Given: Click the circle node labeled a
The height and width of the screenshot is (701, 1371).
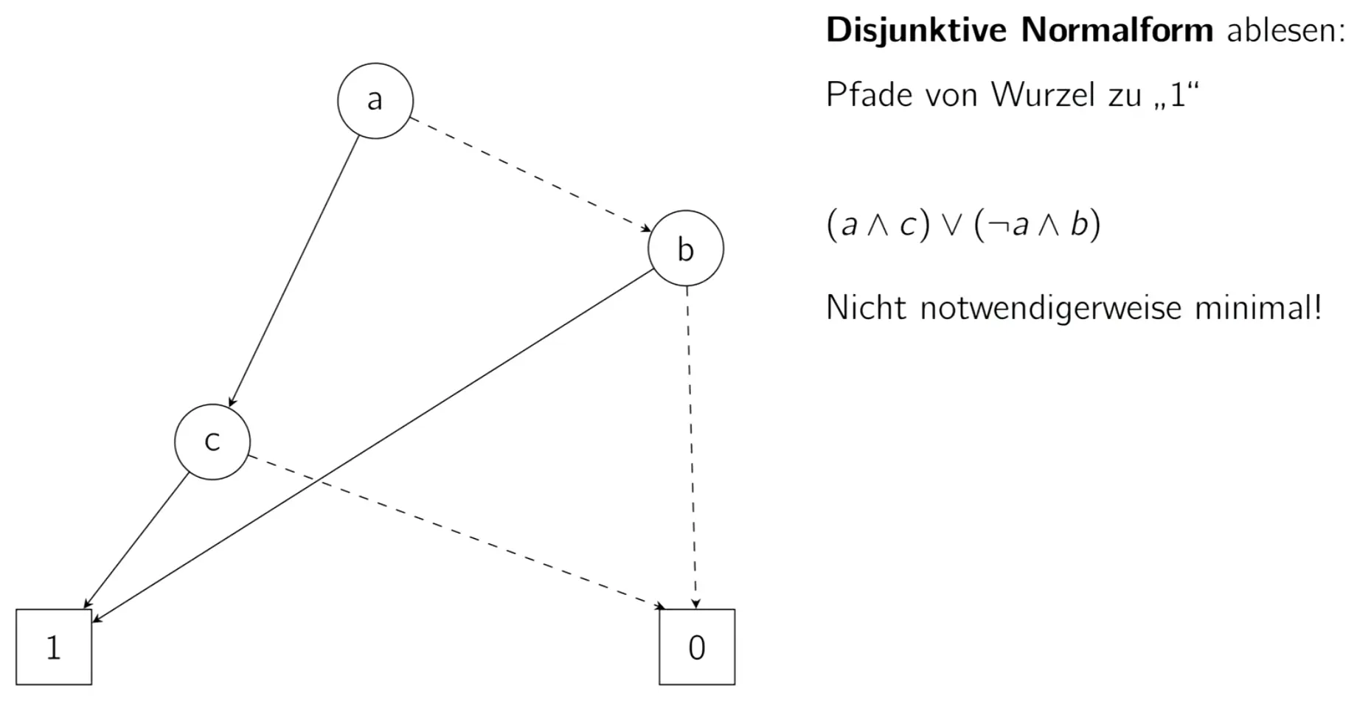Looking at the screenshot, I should click(375, 100).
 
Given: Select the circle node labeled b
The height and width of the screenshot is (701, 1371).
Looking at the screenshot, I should click(686, 248).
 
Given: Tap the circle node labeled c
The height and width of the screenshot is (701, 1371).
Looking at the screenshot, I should click(212, 442).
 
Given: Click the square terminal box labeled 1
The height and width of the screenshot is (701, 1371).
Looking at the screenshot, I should click(54, 646).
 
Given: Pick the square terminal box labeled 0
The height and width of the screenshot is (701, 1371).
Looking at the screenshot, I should click(697, 646).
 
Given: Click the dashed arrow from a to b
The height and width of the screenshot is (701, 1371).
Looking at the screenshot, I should click(529, 174).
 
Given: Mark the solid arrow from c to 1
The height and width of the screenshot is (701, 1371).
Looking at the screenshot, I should click(137, 541).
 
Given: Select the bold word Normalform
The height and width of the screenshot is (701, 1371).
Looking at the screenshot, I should click(1117, 31).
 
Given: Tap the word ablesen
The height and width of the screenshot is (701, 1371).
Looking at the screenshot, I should click(1285, 31).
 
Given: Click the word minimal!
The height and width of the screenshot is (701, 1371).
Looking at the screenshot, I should click(1257, 307).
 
